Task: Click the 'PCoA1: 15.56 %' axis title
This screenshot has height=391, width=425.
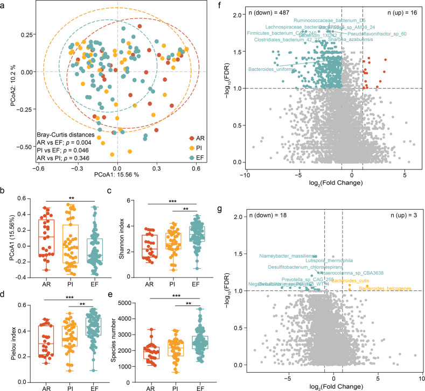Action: coord(116,159)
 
